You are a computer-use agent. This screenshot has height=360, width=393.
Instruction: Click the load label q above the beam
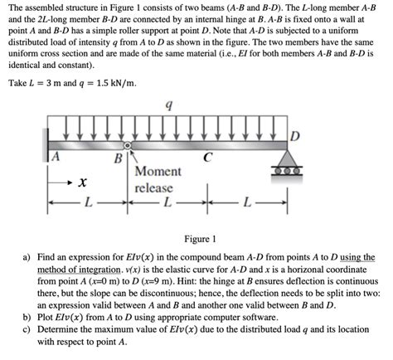click(169, 106)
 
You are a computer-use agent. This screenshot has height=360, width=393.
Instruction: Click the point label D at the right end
click(294, 136)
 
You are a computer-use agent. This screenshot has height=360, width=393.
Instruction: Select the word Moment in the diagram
click(158, 172)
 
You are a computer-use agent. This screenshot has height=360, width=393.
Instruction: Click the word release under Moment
click(154, 187)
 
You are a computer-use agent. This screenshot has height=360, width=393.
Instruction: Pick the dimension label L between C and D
click(245, 202)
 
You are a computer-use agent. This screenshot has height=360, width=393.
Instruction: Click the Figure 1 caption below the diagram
click(196, 238)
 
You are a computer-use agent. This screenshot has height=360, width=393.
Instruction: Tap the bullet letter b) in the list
click(29, 316)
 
